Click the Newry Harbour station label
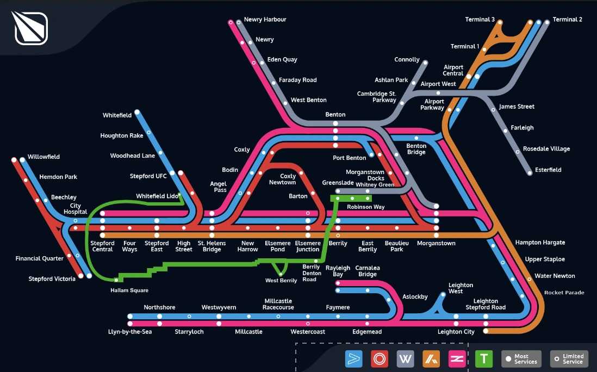click(x=265, y=20)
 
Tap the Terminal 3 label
click(x=480, y=20)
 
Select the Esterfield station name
click(x=548, y=170)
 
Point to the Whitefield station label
click(x=117, y=115)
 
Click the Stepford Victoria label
click(x=52, y=279)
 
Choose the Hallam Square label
click(x=129, y=290)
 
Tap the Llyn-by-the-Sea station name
click(x=130, y=332)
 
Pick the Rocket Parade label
click(x=564, y=293)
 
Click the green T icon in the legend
click(x=484, y=358)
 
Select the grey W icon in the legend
click(x=406, y=358)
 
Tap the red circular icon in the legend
click(x=380, y=358)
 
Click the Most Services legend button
click(x=520, y=359)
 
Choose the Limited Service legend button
click(x=569, y=359)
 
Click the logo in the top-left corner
click(x=30, y=28)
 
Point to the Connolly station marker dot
click(x=425, y=63)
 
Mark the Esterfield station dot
click(x=530, y=173)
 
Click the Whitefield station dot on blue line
click(x=137, y=113)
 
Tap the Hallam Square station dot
click(x=116, y=280)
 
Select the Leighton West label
click(x=461, y=288)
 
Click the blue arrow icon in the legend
click(x=353, y=358)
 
